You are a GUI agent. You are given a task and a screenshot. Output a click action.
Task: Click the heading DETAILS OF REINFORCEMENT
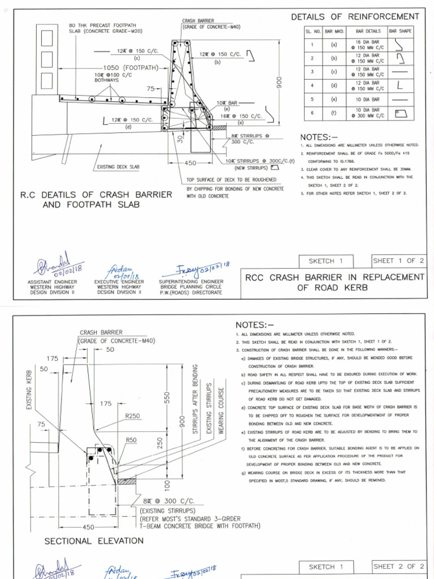click(355, 17)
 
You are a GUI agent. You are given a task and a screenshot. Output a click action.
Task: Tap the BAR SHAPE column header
click(401, 31)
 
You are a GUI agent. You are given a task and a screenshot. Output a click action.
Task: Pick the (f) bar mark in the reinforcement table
click(334, 113)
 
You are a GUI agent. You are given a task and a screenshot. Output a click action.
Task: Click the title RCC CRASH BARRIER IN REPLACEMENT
click(334, 277)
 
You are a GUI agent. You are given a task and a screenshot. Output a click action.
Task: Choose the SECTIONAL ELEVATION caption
click(94, 541)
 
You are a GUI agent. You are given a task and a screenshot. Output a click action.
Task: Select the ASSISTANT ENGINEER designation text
click(51, 281)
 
